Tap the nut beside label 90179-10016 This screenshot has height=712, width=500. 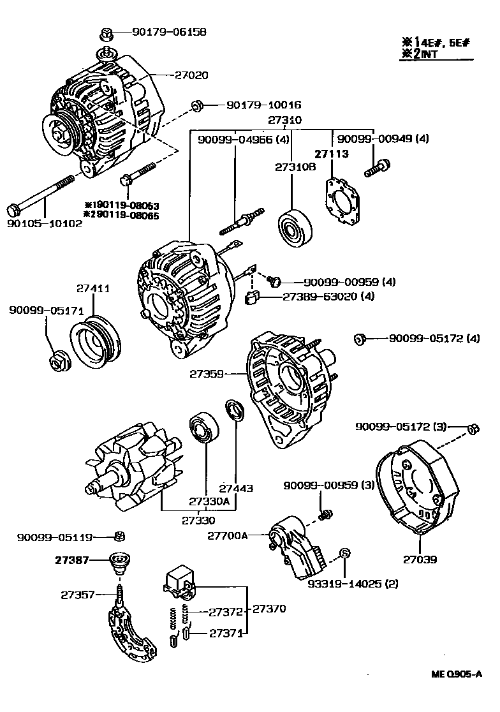[x=196, y=105]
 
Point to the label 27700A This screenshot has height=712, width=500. [x=227, y=536]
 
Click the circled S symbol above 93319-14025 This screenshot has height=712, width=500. [x=344, y=553]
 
